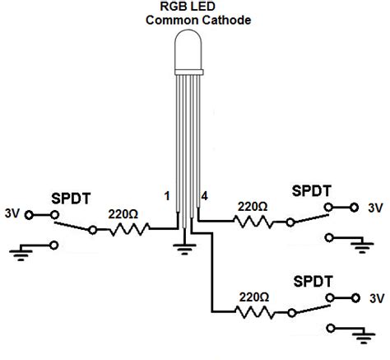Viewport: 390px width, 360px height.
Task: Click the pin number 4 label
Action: click(204, 195)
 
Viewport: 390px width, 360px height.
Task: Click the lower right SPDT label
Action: click(312, 282)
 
